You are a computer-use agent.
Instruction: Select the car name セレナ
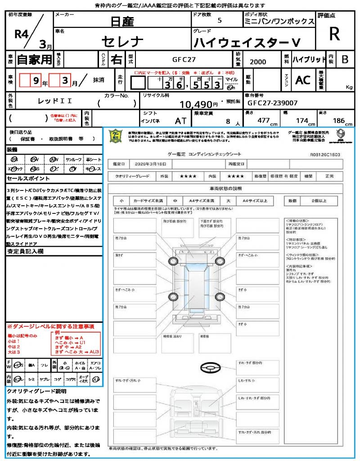point(122,42)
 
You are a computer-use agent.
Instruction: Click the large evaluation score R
point(334,34)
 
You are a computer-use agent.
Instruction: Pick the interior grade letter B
point(345,59)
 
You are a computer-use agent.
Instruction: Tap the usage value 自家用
point(34,59)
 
